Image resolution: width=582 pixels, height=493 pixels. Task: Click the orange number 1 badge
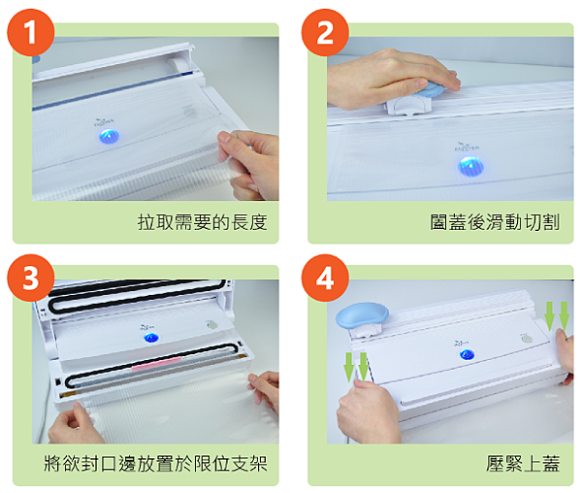(32, 34)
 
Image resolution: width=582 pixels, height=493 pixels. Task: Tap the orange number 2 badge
(325, 34)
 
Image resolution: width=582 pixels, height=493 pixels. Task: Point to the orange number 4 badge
(325, 279)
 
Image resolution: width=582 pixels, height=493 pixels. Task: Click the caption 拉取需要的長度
(202, 223)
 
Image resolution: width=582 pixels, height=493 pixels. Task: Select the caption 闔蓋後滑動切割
(495, 223)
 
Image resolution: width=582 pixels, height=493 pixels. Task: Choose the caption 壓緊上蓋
(523, 465)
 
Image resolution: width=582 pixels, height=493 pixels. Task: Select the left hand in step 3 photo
(75, 423)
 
